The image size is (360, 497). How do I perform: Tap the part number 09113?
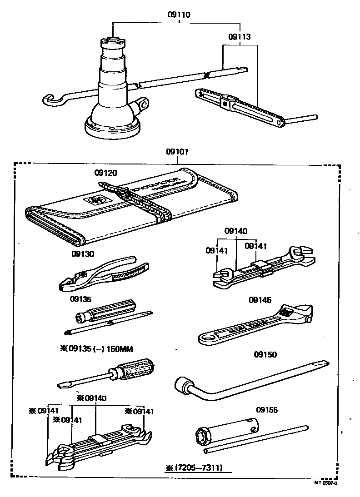pyautogui.click(x=239, y=36)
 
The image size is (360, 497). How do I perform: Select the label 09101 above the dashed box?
pyautogui.click(x=178, y=152)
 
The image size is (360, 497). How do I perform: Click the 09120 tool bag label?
pyautogui.click(x=106, y=173)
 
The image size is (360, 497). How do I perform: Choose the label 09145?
pyautogui.click(x=260, y=299)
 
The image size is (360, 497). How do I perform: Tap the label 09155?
pyautogui.click(x=266, y=410)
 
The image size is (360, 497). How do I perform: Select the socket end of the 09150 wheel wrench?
pyautogui.click(x=185, y=386)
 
